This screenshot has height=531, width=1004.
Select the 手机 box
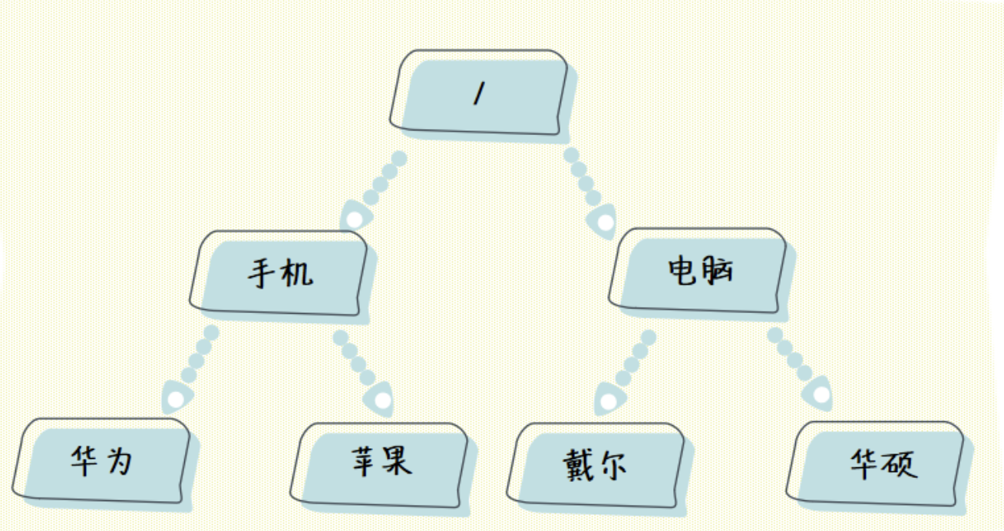(279, 273)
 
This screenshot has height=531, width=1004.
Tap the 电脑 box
(700, 271)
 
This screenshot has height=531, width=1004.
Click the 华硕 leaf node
(880, 464)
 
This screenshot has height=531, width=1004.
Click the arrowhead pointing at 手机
(354, 219)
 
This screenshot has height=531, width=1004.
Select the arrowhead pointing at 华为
(177, 399)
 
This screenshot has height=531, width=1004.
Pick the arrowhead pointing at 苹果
(381, 399)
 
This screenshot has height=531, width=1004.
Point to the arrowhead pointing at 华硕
(821, 394)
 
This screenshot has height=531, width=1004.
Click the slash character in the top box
(478, 94)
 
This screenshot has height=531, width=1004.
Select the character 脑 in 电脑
(718, 271)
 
